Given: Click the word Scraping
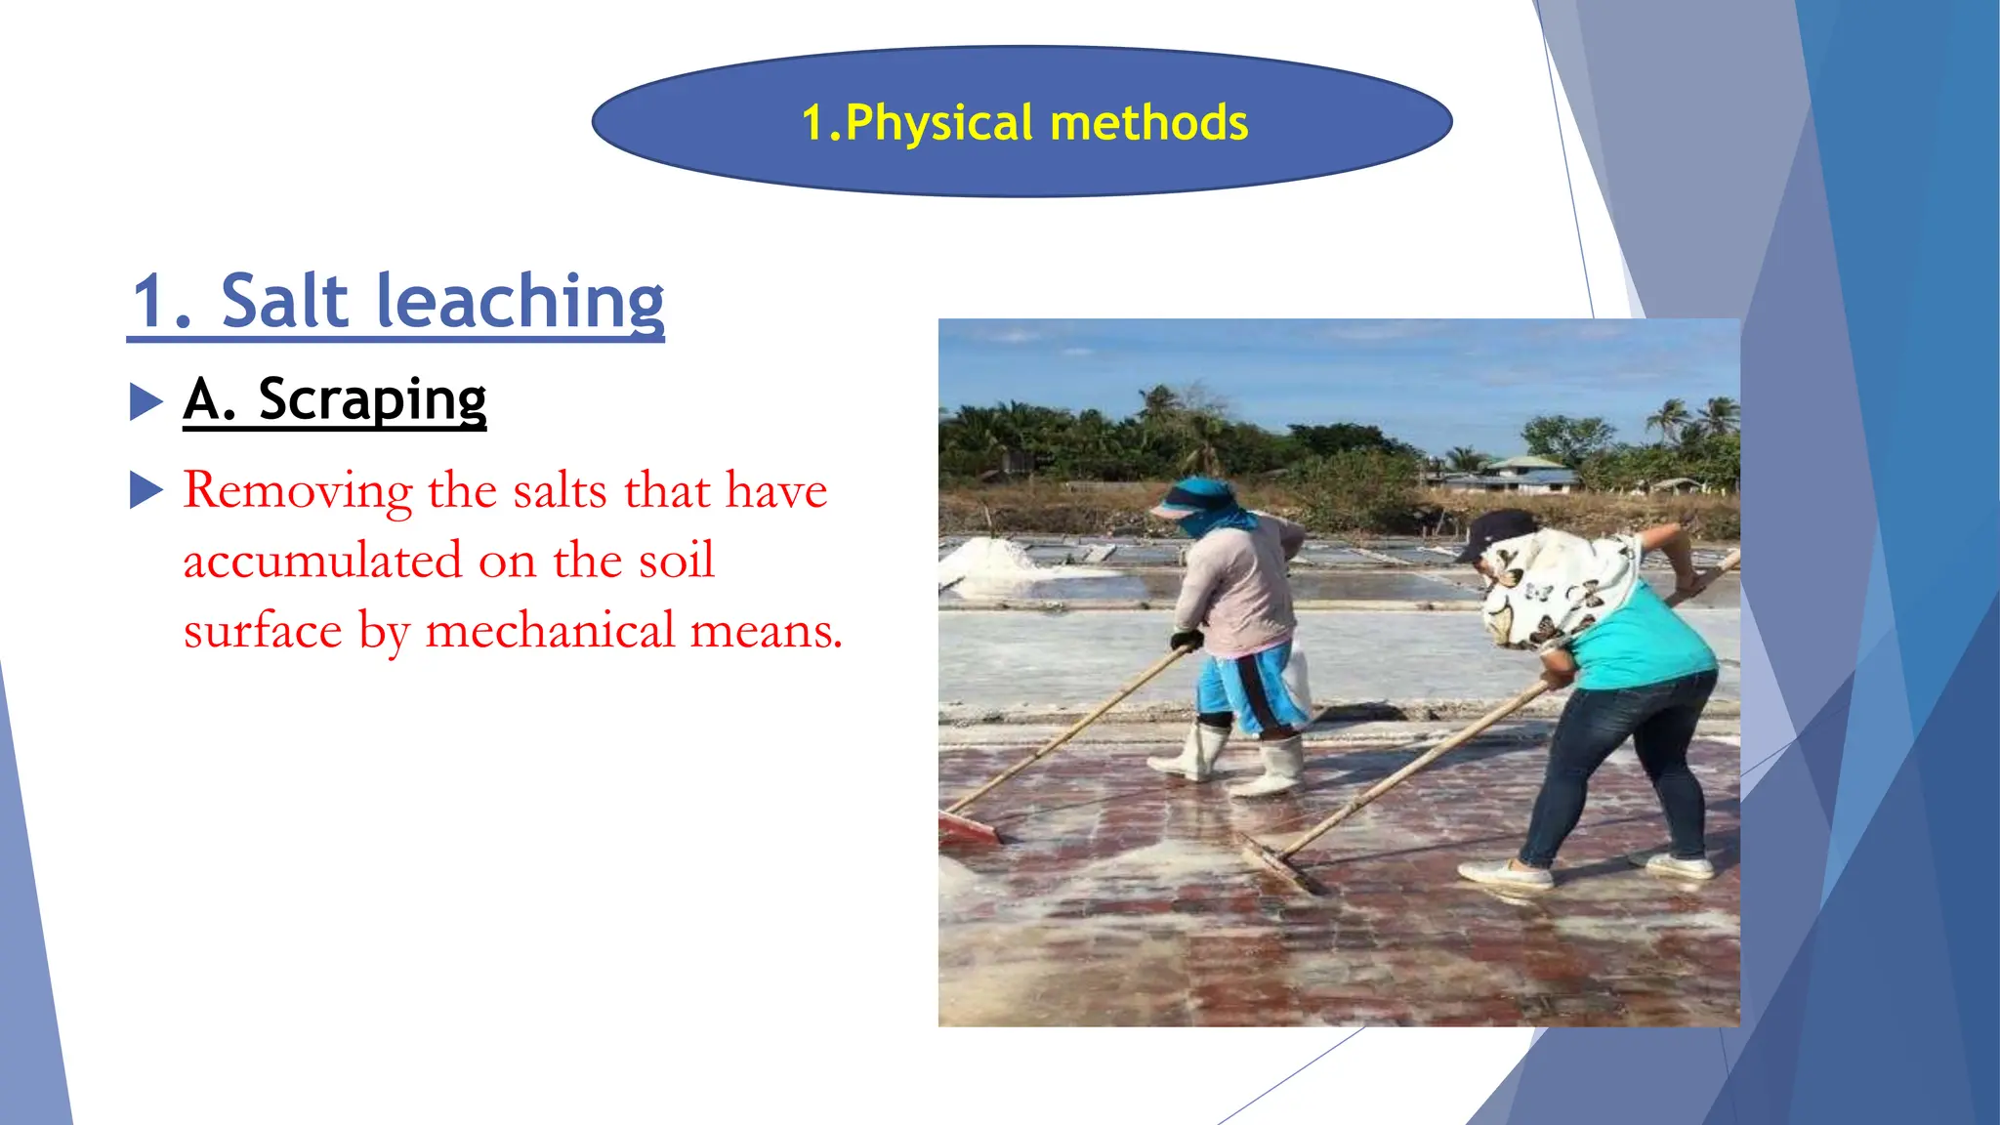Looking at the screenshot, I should (372, 399).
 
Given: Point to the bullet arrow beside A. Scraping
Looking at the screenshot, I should (146, 401).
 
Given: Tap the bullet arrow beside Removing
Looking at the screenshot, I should (146, 490).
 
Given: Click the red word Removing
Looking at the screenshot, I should (298, 490).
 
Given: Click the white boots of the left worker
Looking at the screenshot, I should (1230, 762).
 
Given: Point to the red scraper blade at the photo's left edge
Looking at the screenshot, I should (967, 829).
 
